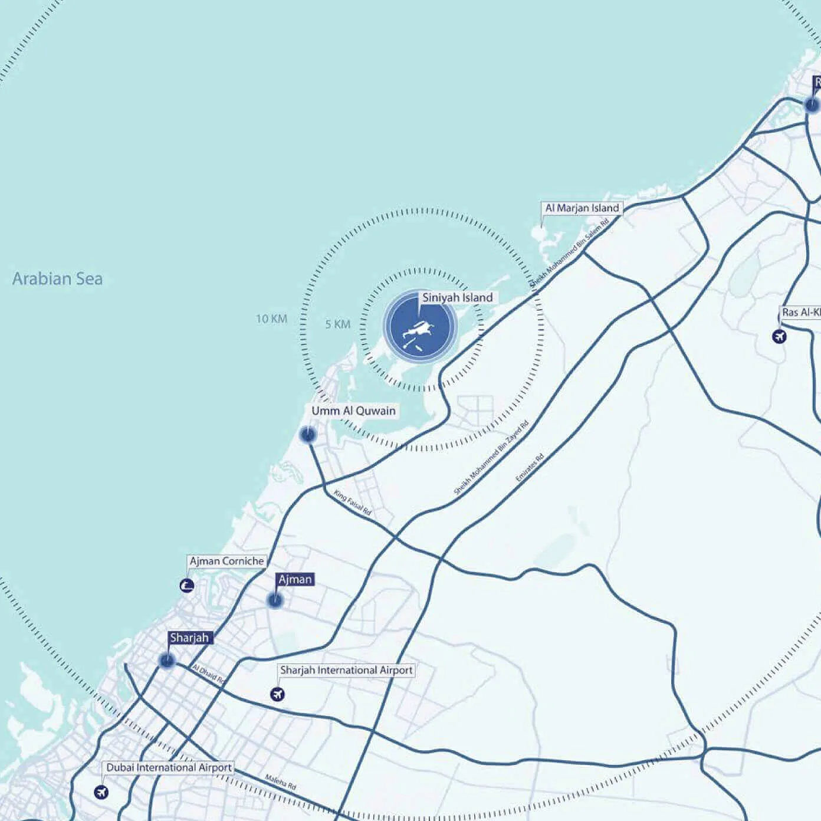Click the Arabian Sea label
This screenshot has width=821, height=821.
tap(57, 278)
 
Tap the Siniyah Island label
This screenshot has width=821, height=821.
tap(457, 297)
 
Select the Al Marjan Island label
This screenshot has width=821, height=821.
tap(582, 208)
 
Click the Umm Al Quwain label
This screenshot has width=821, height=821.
tap(353, 410)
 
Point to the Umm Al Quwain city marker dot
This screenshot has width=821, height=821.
tap(307, 435)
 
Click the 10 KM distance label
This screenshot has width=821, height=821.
tap(271, 319)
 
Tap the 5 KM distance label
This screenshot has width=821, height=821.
tap(337, 324)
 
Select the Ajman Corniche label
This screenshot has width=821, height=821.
tap(226, 561)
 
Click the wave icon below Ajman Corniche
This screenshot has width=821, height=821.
tap(187, 586)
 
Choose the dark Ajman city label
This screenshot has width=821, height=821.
tap(295, 579)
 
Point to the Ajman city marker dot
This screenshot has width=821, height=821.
tap(275, 601)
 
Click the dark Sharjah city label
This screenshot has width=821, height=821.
tap(189, 638)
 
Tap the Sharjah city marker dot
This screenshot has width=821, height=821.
tap(167, 661)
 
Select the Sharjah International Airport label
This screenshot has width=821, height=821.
tap(346, 670)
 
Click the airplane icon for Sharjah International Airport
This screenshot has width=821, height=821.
tap(277, 694)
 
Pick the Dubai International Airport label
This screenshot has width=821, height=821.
tap(169, 767)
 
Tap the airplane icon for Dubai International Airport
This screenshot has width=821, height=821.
tap(101, 792)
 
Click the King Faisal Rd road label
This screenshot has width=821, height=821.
tap(352, 503)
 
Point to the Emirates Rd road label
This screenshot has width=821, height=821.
tap(529, 468)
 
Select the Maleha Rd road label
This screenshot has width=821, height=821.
tap(281, 782)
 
